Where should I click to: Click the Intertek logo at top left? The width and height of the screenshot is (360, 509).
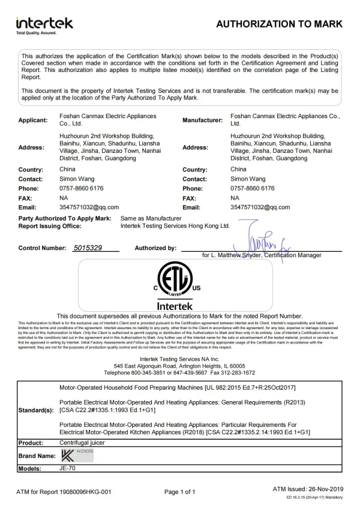tap(44, 25)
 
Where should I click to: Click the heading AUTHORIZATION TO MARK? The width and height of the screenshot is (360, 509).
tap(279, 24)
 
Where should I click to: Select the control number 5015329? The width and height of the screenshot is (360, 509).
tap(88, 247)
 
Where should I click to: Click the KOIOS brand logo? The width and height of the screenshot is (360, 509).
tap(76, 456)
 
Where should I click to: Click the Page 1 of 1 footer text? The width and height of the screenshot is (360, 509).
tap(180, 492)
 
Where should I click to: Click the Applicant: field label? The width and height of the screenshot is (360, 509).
tap(33, 120)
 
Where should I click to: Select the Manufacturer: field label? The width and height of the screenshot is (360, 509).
tap(202, 120)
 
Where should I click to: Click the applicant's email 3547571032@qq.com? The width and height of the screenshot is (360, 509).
tap(89, 207)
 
